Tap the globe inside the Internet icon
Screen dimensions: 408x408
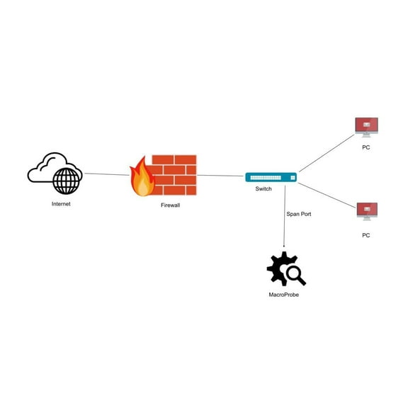coord(67,180)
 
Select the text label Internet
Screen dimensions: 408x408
coord(61,204)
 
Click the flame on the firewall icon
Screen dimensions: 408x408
coord(142,178)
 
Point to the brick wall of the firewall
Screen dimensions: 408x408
coord(176,175)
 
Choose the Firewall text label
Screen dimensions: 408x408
coord(170,205)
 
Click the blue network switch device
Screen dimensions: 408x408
coord(271,177)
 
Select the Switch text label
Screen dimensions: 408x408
coord(263,189)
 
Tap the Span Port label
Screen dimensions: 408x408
coord(298,213)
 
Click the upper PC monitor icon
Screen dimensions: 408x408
coord(366,127)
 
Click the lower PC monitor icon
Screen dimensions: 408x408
coord(367,211)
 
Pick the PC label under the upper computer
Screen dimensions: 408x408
coord(366,147)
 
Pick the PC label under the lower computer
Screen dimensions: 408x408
coord(366,234)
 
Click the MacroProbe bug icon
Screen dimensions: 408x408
coord(281,268)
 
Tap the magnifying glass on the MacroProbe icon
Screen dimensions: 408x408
coord(295,274)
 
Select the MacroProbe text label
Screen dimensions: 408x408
coord(283,295)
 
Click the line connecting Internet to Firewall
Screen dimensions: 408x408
coord(106,174)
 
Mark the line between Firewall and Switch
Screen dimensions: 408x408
coord(221,176)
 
